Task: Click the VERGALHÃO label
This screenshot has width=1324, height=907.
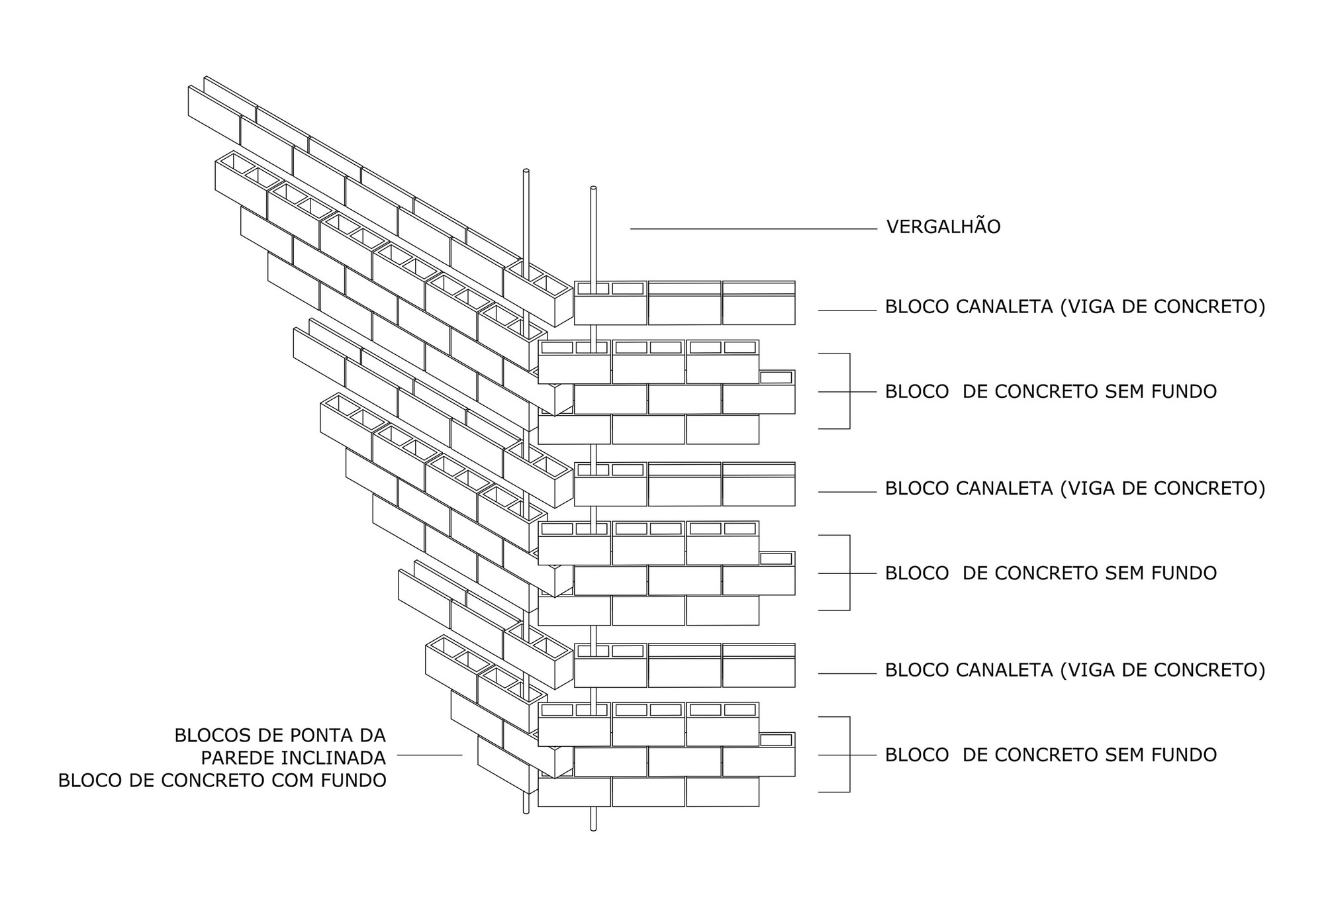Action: click(943, 227)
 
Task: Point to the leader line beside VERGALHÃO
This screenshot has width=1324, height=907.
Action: click(753, 229)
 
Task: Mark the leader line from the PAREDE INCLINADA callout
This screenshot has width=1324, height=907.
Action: click(430, 755)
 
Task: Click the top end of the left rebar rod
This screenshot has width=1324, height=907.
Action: click(526, 171)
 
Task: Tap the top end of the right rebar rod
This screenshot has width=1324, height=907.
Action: click(593, 189)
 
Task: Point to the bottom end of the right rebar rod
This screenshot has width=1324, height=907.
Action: click(593, 828)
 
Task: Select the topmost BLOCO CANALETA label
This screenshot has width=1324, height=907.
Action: click(1074, 307)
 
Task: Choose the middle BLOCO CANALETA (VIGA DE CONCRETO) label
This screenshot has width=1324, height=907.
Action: click(1074, 489)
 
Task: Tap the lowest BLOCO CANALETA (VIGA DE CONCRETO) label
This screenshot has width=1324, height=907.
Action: click(1074, 670)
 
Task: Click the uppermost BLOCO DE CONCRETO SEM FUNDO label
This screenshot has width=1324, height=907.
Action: click(1051, 392)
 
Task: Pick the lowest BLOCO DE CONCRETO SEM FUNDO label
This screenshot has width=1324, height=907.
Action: click(1051, 755)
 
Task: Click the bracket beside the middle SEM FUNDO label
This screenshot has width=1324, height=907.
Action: click(849, 573)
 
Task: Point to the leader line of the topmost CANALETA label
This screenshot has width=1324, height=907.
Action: click(847, 310)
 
